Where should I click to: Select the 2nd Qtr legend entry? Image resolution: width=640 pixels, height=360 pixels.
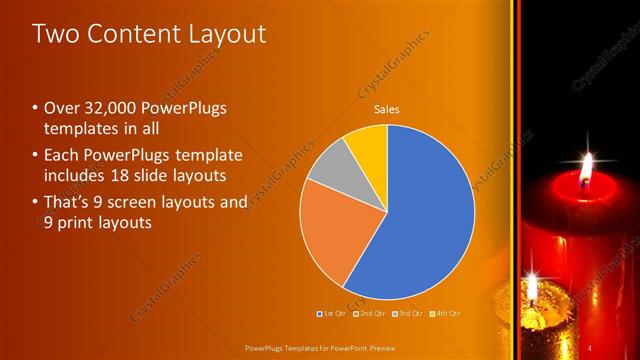(x=370, y=314)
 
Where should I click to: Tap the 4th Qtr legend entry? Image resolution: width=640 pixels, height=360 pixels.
(x=443, y=314)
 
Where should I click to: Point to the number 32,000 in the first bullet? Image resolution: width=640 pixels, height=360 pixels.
(x=118, y=109)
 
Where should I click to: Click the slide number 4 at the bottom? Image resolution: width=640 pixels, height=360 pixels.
(x=590, y=346)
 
